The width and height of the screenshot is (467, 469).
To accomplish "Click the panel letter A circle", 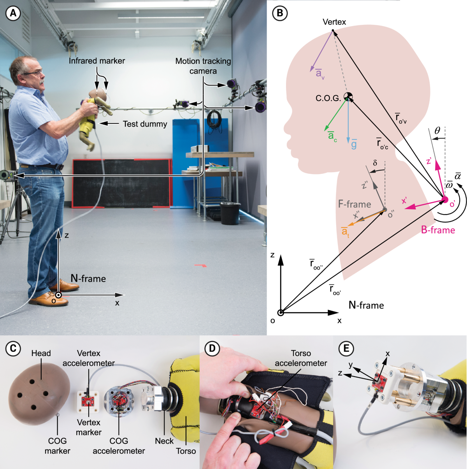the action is pyautogui.click(x=13, y=13).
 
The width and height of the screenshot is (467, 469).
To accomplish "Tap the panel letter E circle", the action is pyautogui.click(x=346, y=348).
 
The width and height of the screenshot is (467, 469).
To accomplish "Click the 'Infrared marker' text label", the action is pyautogui.click(x=97, y=61).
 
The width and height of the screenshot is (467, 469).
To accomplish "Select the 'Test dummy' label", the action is pyautogui.click(x=145, y=124).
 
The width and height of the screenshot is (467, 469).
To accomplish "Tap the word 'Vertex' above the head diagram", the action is pyautogui.click(x=334, y=22).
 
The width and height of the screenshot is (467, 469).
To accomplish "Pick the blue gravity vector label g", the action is pyautogui.click(x=354, y=145).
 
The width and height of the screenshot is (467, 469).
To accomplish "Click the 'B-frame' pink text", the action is pyautogui.click(x=438, y=230).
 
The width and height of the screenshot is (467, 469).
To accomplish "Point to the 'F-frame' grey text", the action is pyautogui.click(x=354, y=204).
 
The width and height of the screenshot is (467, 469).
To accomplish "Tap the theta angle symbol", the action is pyautogui.click(x=437, y=131).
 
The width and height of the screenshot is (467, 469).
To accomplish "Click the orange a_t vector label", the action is pyautogui.click(x=345, y=232).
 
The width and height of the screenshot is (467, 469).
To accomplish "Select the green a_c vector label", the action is pyautogui.click(x=332, y=136).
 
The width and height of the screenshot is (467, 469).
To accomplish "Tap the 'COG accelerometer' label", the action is pyautogui.click(x=119, y=446).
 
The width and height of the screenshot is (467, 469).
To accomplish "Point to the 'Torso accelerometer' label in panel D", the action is pyautogui.click(x=301, y=358).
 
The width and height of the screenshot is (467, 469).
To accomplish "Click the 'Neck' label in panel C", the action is pyautogui.click(x=164, y=441).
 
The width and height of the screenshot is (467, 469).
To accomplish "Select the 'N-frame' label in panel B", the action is pyautogui.click(x=366, y=305).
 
